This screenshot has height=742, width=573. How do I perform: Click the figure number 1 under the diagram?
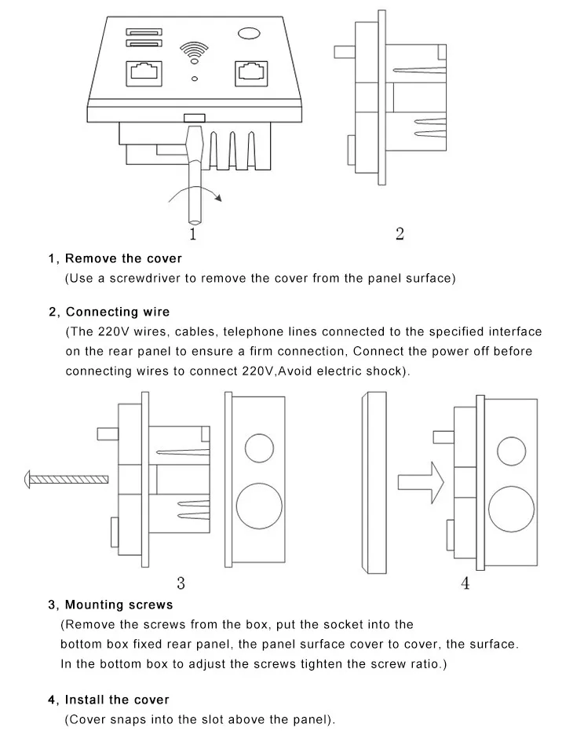click(x=193, y=234)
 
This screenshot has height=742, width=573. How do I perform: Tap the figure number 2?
click(x=400, y=233)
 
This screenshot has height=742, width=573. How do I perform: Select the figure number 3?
click(x=181, y=583)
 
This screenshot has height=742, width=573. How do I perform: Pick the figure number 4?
click(x=465, y=583)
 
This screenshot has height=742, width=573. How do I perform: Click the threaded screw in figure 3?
click(x=67, y=478)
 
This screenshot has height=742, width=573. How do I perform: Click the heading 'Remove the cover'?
click(x=123, y=258)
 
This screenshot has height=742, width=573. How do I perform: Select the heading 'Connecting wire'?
click(x=118, y=313)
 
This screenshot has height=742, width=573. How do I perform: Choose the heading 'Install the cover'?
click(x=117, y=700)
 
